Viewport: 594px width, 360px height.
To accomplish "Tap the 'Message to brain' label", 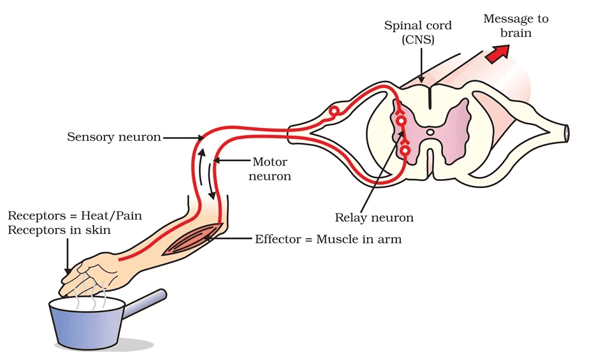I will [516, 25].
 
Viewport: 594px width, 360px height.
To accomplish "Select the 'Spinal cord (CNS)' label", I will [419, 33].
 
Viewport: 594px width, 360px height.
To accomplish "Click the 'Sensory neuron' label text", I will [114, 136].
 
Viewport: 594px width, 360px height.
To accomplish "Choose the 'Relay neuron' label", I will [374, 218].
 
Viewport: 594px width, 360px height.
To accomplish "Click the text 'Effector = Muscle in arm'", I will [328, 240].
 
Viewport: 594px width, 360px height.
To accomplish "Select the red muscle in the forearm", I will [192, 240].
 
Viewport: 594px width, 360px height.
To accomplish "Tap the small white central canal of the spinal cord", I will [430, 133].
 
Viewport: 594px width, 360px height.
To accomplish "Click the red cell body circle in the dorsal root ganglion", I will [333, 113].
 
